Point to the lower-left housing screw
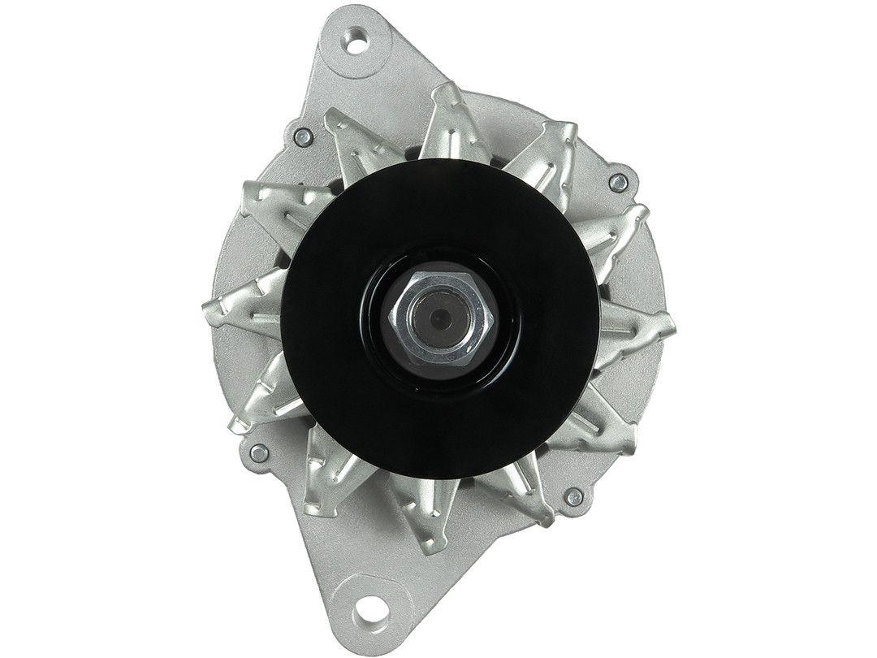coord(259,452)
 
